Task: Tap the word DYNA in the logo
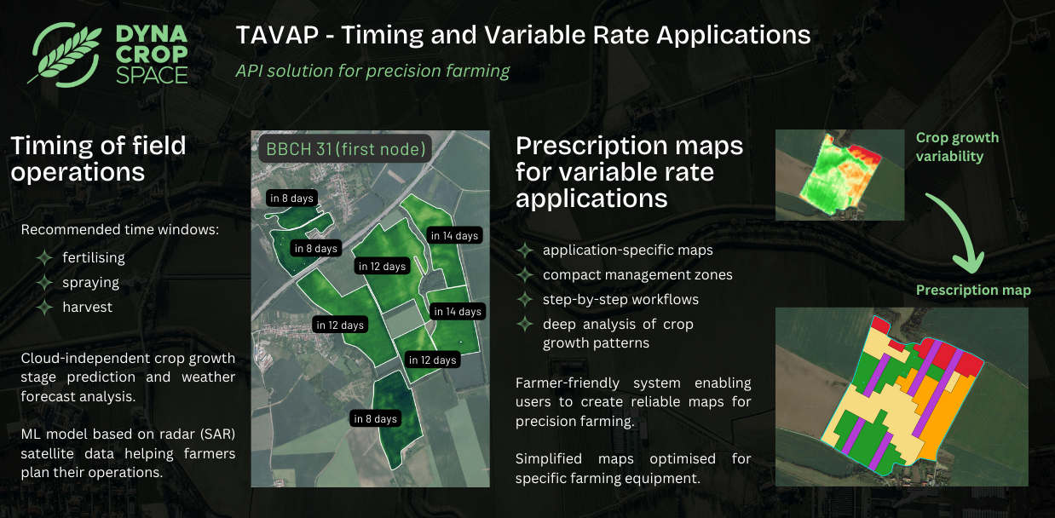pos(152,34)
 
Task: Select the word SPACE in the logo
pos(152,75)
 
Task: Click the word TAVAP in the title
pos(277,35)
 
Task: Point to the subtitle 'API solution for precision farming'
pos(372,71)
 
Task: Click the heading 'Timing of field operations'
pos(98,158)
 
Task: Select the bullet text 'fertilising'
pos(94,257)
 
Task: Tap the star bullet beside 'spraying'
pos(44,283)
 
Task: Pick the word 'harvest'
pos(87,307)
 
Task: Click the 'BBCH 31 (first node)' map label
pos(346,149)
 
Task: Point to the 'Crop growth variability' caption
pos(957,147)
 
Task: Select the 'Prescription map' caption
pos(973,290)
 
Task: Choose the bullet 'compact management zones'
pos(637,274)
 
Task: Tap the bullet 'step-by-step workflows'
pos(620,300)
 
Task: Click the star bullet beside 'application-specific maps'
pos(525,250)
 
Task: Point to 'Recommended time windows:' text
pos(119,229)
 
